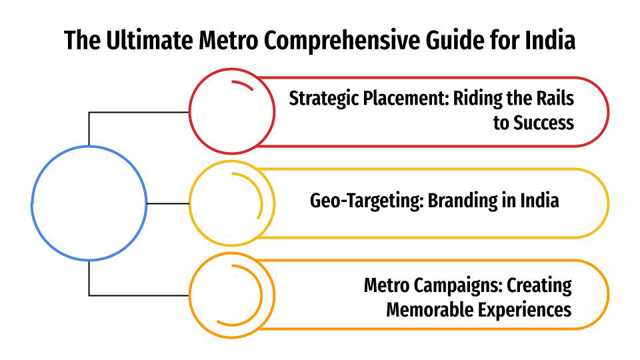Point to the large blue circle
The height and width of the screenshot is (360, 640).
(89, 203)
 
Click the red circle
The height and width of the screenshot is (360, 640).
(231, 111)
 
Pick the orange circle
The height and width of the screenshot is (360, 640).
(231, 295)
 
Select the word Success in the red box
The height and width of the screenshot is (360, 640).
(543, 123)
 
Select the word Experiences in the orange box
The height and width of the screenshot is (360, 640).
(529, 310)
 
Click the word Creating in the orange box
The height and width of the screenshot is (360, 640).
(540, 286)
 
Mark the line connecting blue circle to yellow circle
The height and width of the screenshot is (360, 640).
(167, 203)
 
